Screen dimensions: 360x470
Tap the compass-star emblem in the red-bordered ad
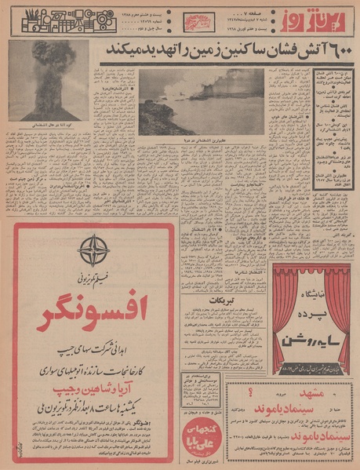click(x=95, y=250)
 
